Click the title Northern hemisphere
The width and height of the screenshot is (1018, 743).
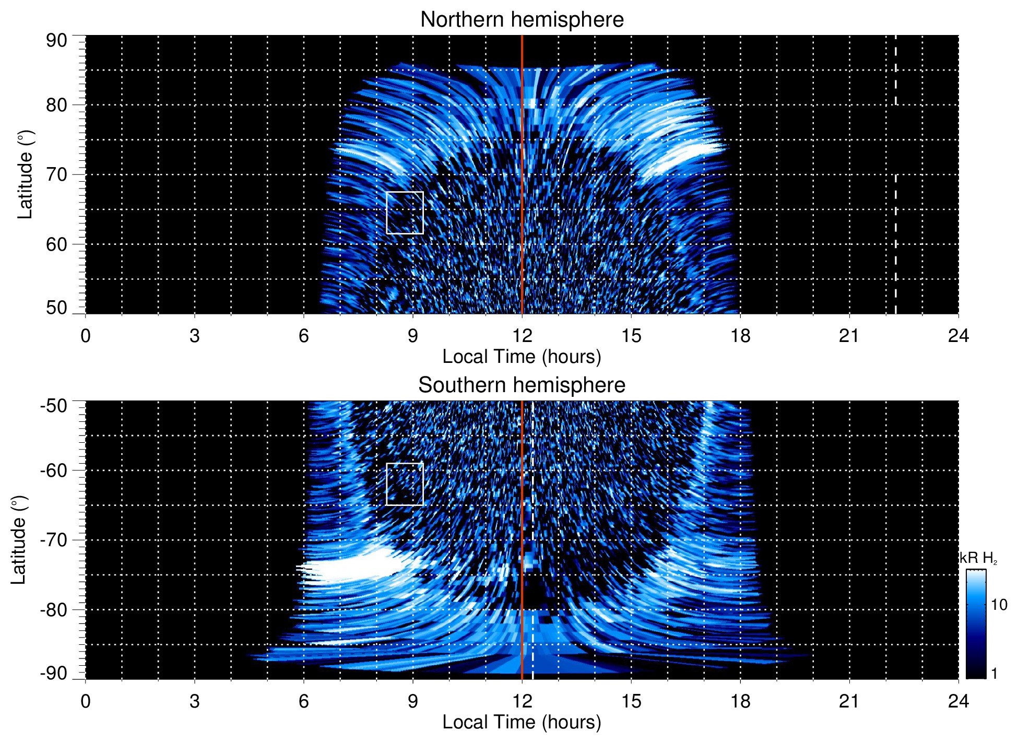(522, 20)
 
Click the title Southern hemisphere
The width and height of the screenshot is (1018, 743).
(522, 385)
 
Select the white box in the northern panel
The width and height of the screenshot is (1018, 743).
(405, 213)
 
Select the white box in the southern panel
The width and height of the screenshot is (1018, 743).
(405, 484)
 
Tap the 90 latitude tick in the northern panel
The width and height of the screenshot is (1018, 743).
(56, 41)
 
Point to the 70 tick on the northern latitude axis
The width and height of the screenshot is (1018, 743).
(56, 174)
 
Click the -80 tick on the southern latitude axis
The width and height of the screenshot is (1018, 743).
(54, 609)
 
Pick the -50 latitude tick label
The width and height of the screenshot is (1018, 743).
(54, 405)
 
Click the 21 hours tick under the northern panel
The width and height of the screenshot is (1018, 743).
(849, 336)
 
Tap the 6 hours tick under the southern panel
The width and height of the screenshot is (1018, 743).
(303, 701)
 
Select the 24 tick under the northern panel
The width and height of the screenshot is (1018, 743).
(958, 336)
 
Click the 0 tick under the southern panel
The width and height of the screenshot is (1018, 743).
(86, 701)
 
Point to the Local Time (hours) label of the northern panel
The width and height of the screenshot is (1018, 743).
(522, 357)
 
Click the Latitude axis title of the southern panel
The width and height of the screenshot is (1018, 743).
(19, 540)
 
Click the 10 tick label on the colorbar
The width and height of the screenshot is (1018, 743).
(999, 605)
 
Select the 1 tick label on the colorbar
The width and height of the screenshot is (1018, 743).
(994, 674)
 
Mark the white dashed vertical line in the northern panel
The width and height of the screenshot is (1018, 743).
(896, 209)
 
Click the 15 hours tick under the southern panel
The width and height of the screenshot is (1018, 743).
(631, 701)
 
